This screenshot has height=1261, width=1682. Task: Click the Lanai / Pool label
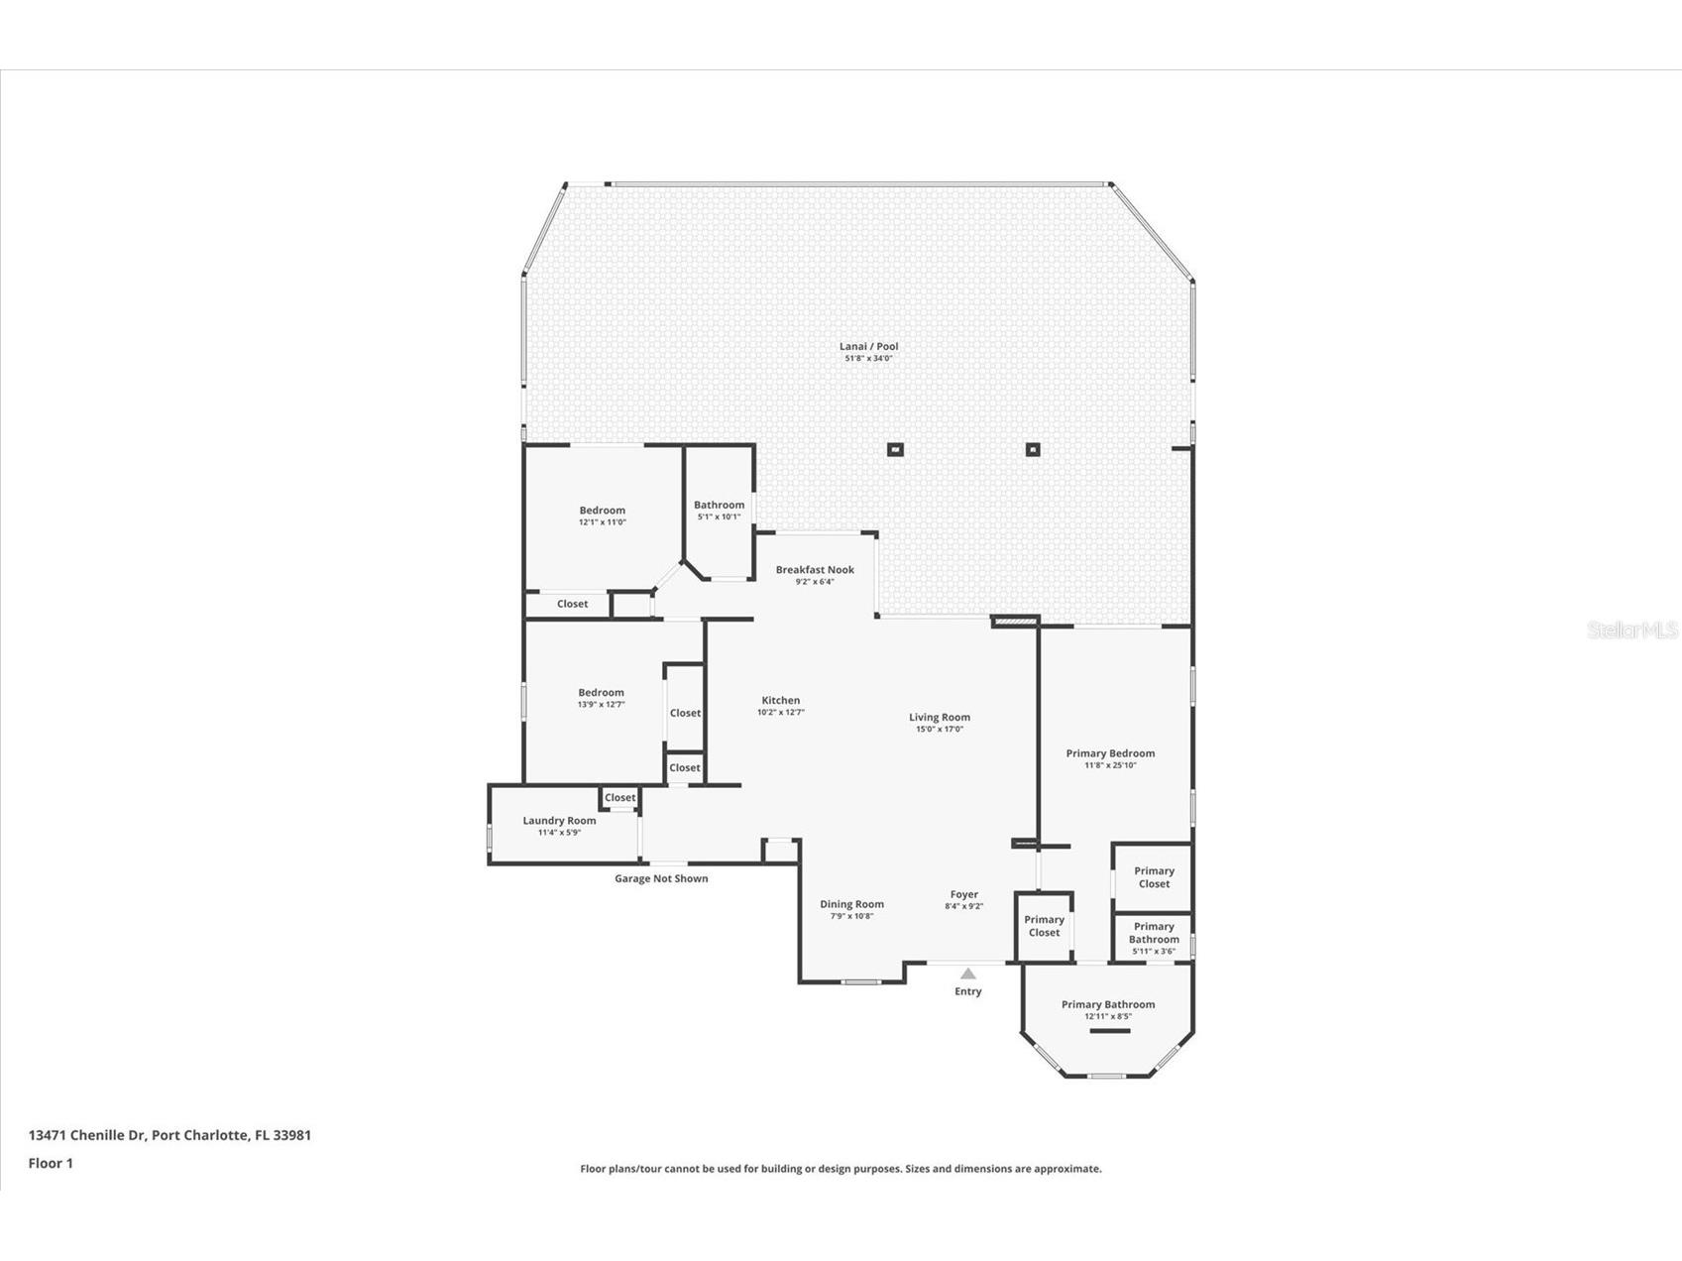[868, 347]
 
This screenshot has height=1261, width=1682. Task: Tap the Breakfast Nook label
[815, 570]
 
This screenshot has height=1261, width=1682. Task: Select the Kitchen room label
[781, 701]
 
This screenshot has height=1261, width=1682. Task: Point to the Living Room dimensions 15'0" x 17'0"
[940, 730]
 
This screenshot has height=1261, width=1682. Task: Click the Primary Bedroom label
[1110, 753]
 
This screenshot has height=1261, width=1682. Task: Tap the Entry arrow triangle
[968, 974]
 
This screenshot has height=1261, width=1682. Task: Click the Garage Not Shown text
[661, 878]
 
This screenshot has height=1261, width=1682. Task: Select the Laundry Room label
[559, 821]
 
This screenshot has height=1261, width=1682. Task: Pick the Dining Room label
[851, 904]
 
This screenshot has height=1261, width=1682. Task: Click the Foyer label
[963, 894]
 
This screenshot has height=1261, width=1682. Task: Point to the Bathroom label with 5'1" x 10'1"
[719, 506]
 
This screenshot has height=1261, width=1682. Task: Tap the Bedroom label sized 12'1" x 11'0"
[603, 511]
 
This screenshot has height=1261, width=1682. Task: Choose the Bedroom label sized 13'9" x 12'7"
[602, 693]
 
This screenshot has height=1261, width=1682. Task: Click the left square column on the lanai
[895, 449]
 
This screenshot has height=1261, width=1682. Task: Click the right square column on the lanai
[1033, 449]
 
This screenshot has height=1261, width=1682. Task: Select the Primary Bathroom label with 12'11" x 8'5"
[1108, 1005]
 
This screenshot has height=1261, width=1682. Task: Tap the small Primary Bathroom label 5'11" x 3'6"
[1154, 933]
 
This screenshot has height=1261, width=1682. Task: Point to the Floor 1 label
[51, 1163]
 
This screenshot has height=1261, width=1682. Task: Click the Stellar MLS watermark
[1631, 630]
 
